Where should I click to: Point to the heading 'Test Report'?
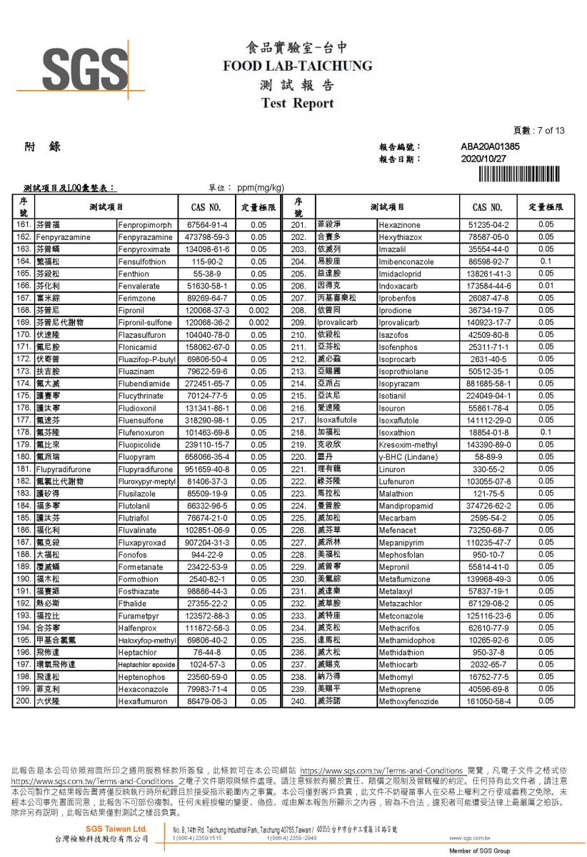coord(298,103)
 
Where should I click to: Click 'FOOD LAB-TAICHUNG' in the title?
coord(298,66)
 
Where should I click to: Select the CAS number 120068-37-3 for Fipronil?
coord(207,310)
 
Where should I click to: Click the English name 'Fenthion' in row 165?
coord(134,274)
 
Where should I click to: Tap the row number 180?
coord(24,457)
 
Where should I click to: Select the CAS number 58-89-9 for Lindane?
coord(488,457)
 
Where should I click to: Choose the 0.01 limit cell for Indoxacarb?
coord(546,286)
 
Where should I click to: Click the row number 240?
coord(298,701)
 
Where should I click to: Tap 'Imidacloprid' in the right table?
coord(401,274)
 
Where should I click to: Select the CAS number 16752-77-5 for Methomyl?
coord(488,677)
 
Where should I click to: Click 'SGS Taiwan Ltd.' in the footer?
coord(116,828)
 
